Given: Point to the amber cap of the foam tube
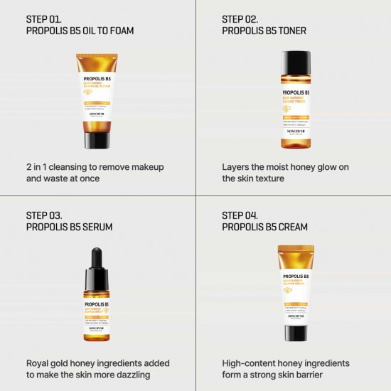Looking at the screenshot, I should tap(98, 134).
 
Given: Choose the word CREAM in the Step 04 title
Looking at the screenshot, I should tap(292, 227).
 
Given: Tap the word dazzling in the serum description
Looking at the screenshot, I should tap(128, 375).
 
